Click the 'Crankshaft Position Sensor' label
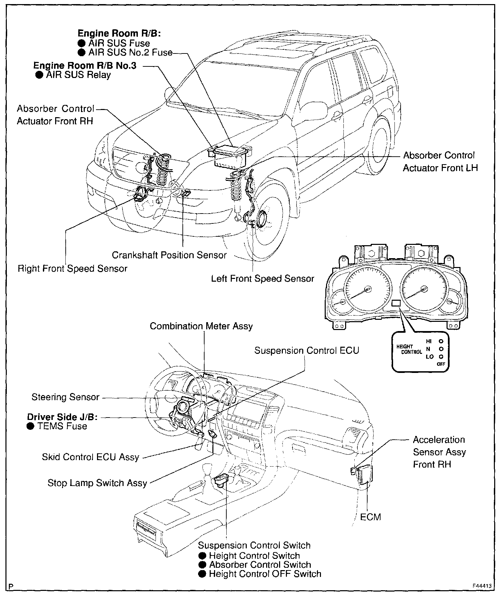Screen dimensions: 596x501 pyautogui.click(x=169, y=255)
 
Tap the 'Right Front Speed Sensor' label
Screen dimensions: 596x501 pyautogui.click(x=72, y=269)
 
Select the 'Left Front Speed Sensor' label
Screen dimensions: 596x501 pyautogui.click(x=262, y=279)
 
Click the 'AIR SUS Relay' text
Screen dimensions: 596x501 pyautogui.click(x=78, y=75)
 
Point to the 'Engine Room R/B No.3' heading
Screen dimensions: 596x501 pyautogui.click(x=85, y=65)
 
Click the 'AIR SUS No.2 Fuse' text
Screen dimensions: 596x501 pyautogui.click(x=130, y=53)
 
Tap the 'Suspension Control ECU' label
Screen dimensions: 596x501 pyautogui.click(x=307, y=350)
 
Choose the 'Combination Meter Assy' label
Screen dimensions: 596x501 pyautogui.click(x=201, y=326)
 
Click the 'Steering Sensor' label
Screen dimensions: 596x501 pyautogui.click(x=65, y=397)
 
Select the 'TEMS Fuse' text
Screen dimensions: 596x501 pyautogui.click(x=62, y=426)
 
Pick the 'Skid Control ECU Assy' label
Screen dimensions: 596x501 pyautogui.click(x=91, y=457)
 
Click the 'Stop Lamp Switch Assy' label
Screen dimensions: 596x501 pyautogui.click(x=97, y=483)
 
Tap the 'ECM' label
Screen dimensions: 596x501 pyautogui.click(x=370, y=517)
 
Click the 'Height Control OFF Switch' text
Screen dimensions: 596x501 pyautogui.click(x=265, y=574)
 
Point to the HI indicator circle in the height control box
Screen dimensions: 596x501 pyautogui.click(x=441, y=341)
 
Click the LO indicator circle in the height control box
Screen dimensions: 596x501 pyautogui.click(x=441, y=357)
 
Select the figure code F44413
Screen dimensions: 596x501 pyautogui.click(x=481, y=586)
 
